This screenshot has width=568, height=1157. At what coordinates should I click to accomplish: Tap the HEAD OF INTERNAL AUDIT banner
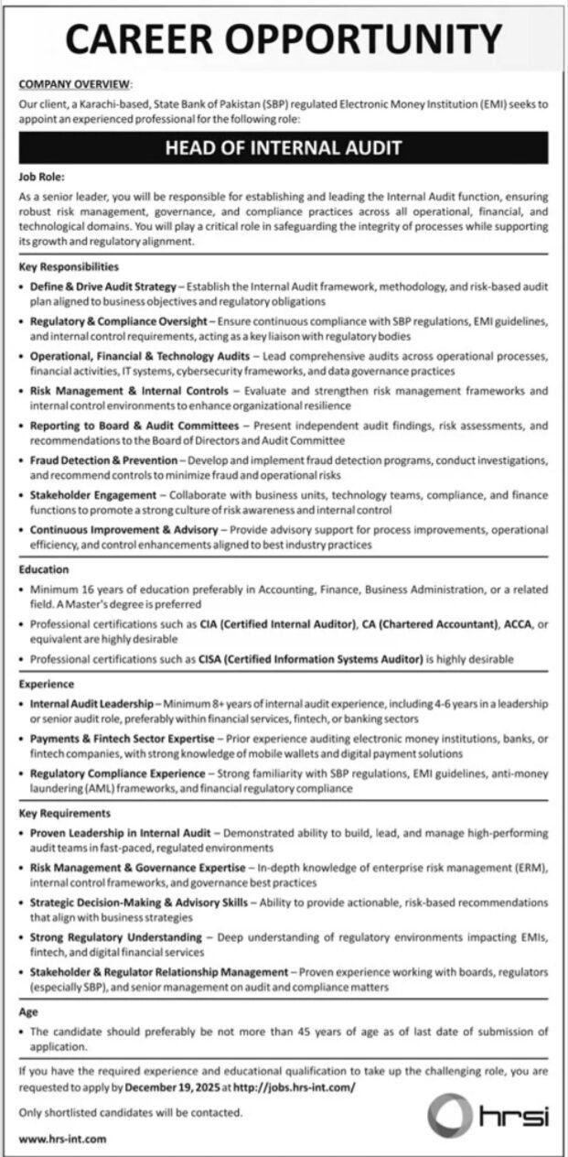(x=284, y=147)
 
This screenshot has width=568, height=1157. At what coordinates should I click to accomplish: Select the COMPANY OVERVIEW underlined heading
(x=76, y=84)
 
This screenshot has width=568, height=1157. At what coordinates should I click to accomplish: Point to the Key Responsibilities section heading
(x=69, y=267)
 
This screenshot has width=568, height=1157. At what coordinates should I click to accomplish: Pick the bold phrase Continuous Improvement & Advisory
(x=123, y=530)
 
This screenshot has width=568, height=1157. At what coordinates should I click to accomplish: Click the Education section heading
(x=44, y=569)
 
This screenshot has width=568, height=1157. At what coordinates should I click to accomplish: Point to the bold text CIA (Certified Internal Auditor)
(x=277, y=624)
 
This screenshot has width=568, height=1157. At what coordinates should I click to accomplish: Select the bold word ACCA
(x=513, y=624)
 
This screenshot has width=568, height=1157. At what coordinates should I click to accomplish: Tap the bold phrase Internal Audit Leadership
(x=91, y=703)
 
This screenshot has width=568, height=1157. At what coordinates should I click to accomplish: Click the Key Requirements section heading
(x=64, y=812)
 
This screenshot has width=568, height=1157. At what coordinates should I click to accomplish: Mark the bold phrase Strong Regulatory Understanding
(x=115, y=938)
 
